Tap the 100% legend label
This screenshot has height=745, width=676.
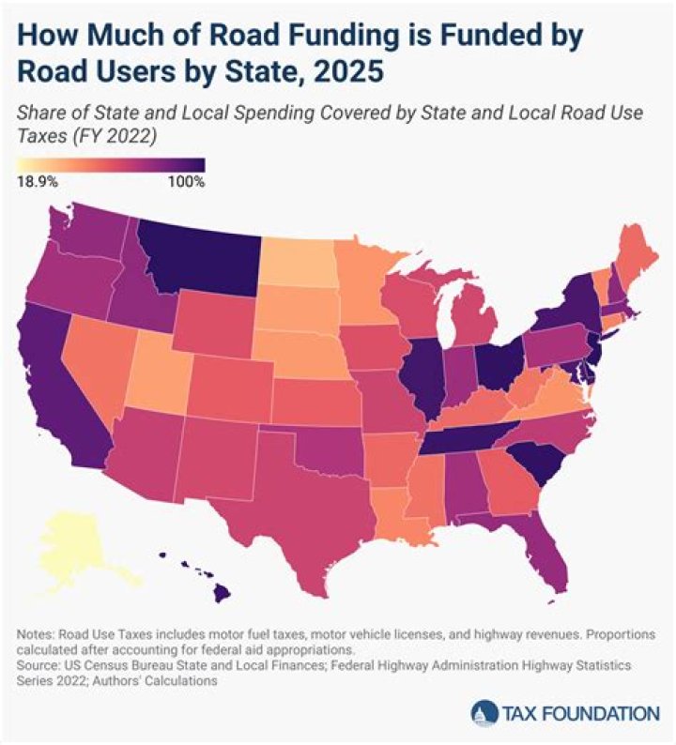click(x=186, y=181)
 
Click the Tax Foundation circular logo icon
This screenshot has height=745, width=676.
click(x=486, y=712)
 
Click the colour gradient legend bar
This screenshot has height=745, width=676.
click(x=111, y=165)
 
